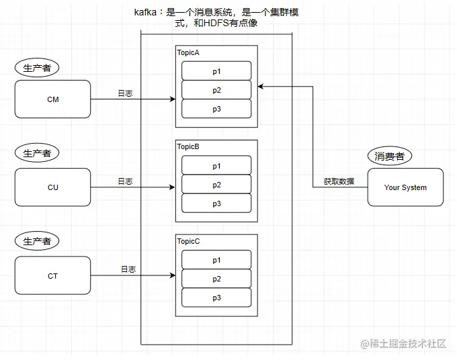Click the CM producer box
point(52,99)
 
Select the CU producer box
point(52,187)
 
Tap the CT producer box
point(52,276)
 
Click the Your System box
point(405,187)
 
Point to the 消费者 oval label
point(390,156)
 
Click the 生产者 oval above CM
point(36,67)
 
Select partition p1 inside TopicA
point(216,71)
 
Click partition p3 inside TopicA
point(216,109)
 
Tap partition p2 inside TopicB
point(216,185)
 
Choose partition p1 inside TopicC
point(216,260)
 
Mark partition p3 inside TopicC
point(216,298)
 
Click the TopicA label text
point(188,52)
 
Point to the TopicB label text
point(188,146)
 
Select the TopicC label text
point(188,240)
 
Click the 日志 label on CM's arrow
point(125,93)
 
